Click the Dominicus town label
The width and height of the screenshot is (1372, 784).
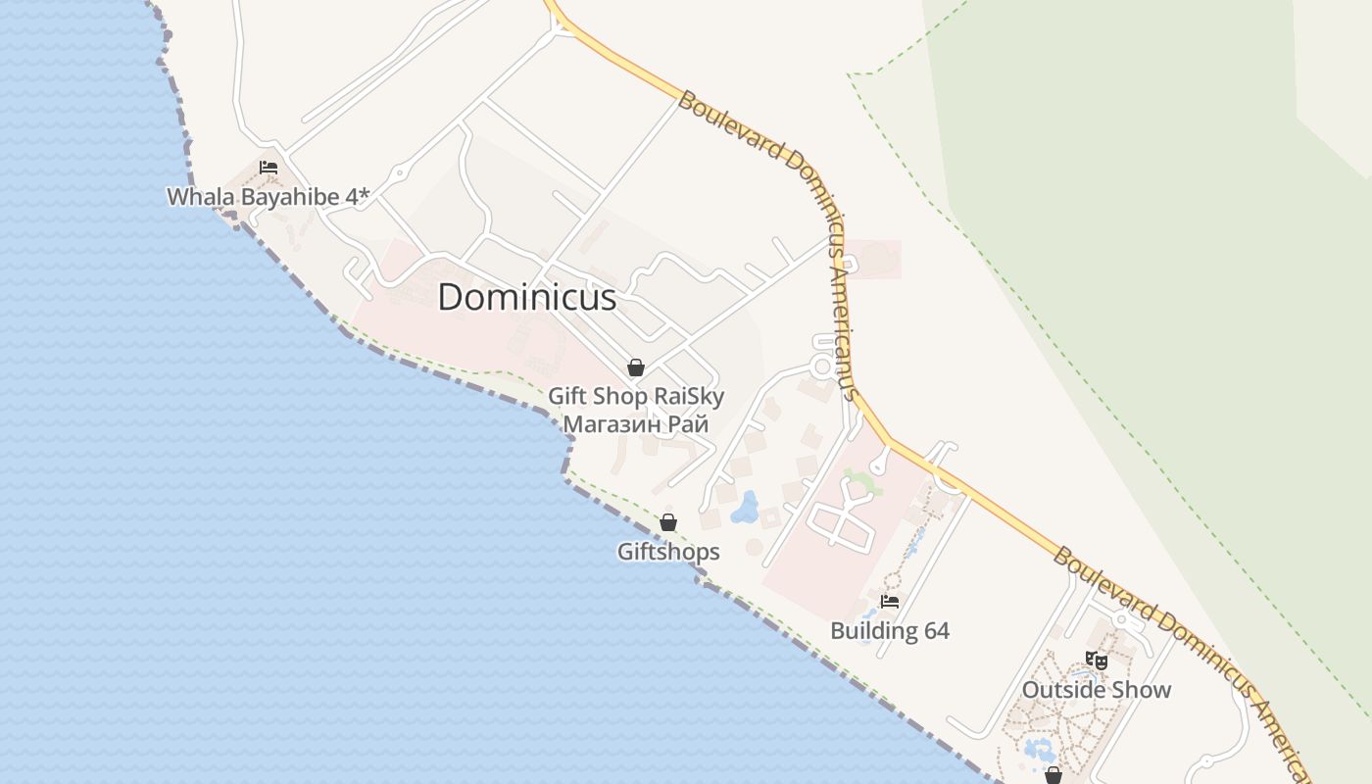[x=526, y=297]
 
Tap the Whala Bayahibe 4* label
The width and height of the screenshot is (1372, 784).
[x=268, y=197]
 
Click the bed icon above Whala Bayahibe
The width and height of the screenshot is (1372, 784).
[x=269, y=168]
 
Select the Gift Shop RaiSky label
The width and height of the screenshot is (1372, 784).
[x=635, y=397]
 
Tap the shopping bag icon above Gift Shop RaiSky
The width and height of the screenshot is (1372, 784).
[x=636, y=367]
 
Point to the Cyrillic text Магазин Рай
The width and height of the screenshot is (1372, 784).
[x=635, y=424]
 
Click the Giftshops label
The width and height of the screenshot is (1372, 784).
[x=668, y=552]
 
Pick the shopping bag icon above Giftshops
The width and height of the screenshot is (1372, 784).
[x=668, y=522]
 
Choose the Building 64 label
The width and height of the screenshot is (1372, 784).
[x=890, y=630]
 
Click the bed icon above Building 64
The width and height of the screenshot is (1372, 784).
[x=890, y=602]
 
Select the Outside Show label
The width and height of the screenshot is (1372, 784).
[x=1096, y=690]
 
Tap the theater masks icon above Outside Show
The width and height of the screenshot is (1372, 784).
[x=1096, y=661]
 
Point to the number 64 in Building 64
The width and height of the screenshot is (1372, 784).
[x=936, y=630]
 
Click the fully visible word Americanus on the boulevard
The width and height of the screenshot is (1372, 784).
[x=842, y=323]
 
